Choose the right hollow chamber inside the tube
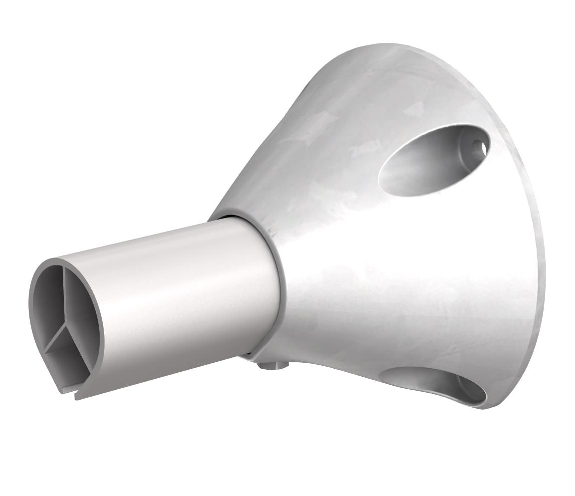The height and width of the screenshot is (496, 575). point(80,309)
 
